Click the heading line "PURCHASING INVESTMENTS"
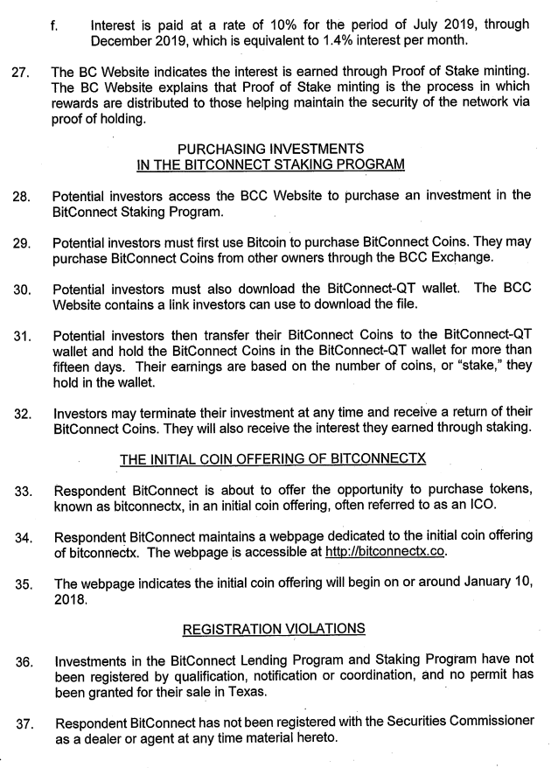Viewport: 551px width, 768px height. pos(270,148)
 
